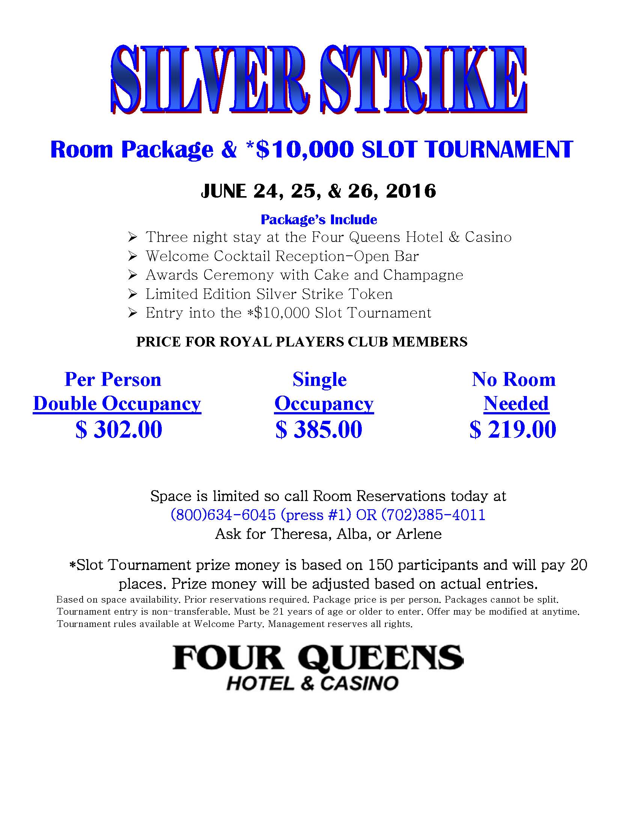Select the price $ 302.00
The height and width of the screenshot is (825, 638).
pyautogui.click(x=119, y=429)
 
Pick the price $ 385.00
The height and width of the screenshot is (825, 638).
pyautogui.click(x=319, y=429)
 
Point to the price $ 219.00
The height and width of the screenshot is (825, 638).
pyautogui.click(x=513, y=429)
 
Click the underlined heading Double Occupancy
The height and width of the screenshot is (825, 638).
pyautogui.click(x=117, y=404)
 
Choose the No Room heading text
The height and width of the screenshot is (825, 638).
pyautogui.click(x=514, y=379)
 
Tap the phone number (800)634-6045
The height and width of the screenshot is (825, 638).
pyautogui.click(x=223, y=515)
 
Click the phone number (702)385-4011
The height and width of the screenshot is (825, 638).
pyautogui.click(x=433, y=515)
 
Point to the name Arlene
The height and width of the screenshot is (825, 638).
pyautogui.click(x=419, y=534)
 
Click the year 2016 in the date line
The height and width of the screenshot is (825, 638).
pyautogui.click(x=411, y=191)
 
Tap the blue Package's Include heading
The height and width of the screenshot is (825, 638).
pyautogui.click(x=319, y=219)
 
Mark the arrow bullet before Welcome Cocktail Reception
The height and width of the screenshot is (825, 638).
pyautogui.click(x=132, y=256)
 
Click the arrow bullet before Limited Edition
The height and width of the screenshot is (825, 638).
pyautogui.click(x=132, y=294)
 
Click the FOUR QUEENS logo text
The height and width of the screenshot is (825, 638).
pyautogui.click(x=318, y=658)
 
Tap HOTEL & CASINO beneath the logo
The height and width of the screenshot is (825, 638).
pyautogui.click(x=312, y=684)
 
